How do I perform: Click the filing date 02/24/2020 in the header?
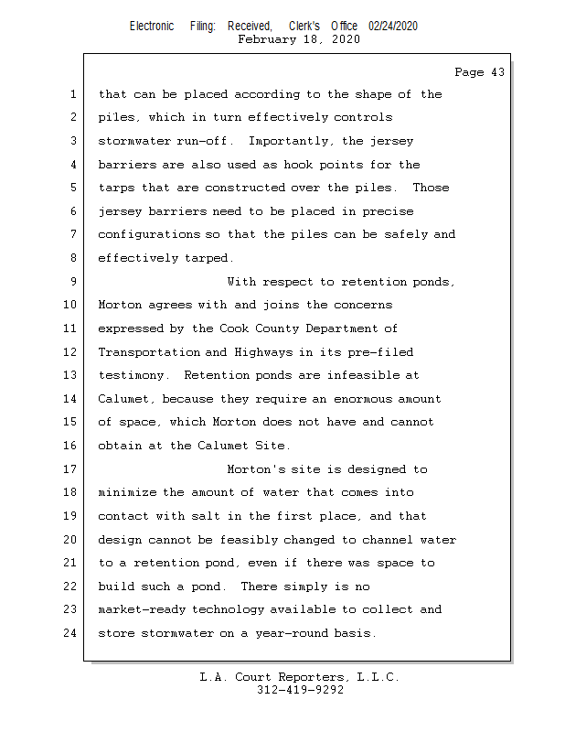(393, 27)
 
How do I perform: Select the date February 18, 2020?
(299, 39)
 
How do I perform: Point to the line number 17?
(70, 469)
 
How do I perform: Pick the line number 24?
(70, 633)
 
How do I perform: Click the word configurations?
(147, 235)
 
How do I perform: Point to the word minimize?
(128, 493)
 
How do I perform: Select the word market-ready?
(144, 610)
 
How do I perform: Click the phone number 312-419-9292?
(300, 691)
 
